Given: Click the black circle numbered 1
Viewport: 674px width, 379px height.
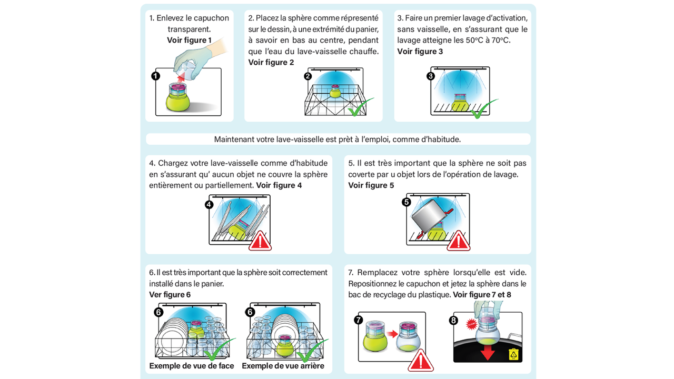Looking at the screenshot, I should tap(155, 76).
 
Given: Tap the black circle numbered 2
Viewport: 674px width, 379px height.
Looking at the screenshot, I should tap(308, 76).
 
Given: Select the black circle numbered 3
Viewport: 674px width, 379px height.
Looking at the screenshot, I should tap(431, 76).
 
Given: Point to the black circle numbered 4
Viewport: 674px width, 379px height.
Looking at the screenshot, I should tap(209, 205).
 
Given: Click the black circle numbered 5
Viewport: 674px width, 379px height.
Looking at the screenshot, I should tap(407, 202).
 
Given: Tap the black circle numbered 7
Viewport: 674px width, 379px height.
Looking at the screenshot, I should tap(359, 320).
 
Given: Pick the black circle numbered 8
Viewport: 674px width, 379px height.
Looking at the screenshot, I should tap(453, 320).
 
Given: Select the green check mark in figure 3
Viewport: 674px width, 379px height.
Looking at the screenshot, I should tap(483, 109).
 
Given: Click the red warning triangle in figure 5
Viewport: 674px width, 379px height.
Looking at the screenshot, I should tap(458, 241).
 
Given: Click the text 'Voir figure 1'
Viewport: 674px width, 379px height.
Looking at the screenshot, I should tap(189, 40).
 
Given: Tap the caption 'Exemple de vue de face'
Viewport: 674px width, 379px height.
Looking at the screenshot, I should tap(192, 366).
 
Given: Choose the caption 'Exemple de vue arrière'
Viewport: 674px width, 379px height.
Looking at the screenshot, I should tap(283, 366).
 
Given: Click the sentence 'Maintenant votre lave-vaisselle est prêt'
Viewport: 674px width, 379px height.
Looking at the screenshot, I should tap(338, 139).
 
